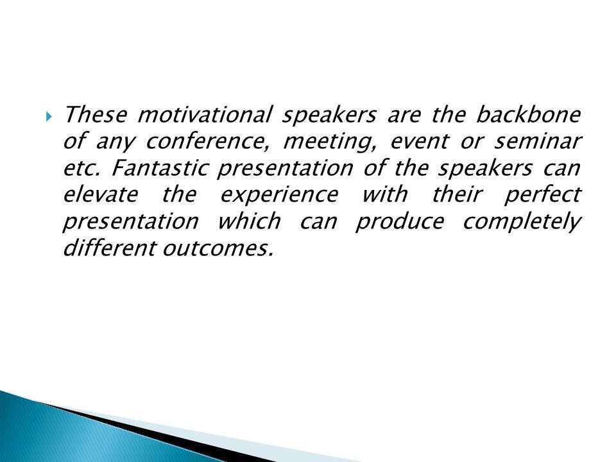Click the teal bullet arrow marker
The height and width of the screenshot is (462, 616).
click(48, 116)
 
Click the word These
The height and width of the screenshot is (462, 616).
click(96, 115)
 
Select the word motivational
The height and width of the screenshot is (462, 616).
click(204, 114)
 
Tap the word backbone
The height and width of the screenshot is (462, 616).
click(528, 114)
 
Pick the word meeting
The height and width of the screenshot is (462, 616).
click(330, 142)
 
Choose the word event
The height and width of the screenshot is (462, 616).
click(419, 141)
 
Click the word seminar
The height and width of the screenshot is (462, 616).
click(538, 141)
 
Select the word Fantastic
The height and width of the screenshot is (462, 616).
click(160, 167)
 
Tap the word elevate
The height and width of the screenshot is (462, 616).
click(101, 194)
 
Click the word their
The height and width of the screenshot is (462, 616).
click(456, 194)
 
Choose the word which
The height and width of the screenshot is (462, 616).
click(250, 221)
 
